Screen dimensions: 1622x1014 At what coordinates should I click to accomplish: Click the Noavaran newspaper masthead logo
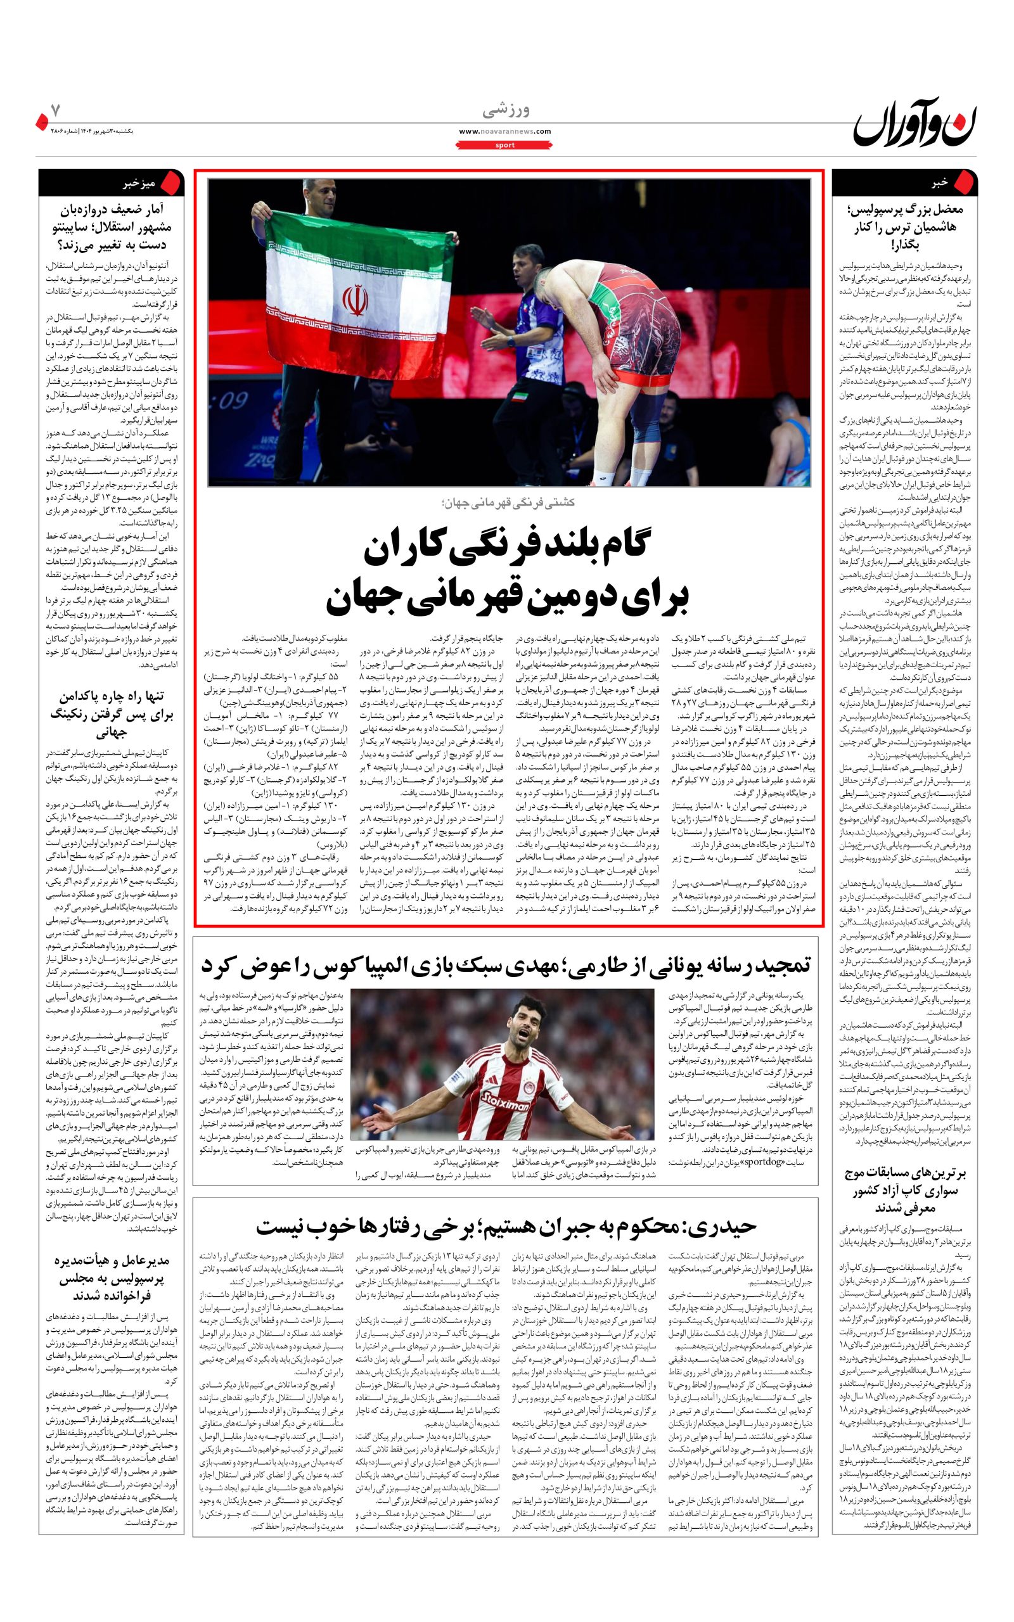[x=915, y=124]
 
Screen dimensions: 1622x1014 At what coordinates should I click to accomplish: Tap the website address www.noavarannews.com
[x=505, y=131]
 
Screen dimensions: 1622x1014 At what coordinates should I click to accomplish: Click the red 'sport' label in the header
[x=505, y=144]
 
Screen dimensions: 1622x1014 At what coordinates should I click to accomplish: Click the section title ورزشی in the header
[x=506, y=110]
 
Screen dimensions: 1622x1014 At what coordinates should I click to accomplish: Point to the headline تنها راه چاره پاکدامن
[x=111, y=713]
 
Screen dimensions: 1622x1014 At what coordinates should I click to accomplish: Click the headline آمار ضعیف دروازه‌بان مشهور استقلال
[x=111, y=227]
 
